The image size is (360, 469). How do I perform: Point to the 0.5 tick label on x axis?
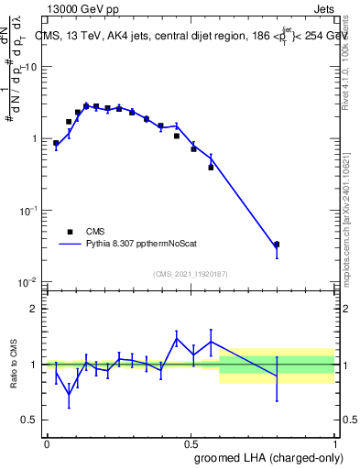click(x=191, y=442)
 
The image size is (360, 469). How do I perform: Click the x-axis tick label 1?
click(x=335, y=442)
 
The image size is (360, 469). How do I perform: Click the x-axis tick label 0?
click(x=47, y=442)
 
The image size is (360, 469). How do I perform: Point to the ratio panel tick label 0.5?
click(x=29, y=420)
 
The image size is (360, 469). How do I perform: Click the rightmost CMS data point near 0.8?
click(x=277, y=245)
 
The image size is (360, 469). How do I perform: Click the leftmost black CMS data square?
click(x=56, y=143)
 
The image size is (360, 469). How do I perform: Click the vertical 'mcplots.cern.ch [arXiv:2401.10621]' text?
click(x=351, y=211)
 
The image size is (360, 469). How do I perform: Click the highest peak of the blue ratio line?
click(x=177, y=338)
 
